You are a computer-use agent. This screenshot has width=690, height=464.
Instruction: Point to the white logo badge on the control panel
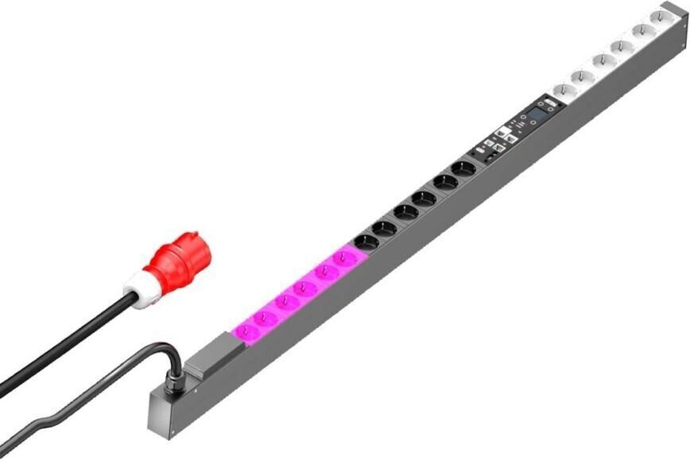coord(502,134)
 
